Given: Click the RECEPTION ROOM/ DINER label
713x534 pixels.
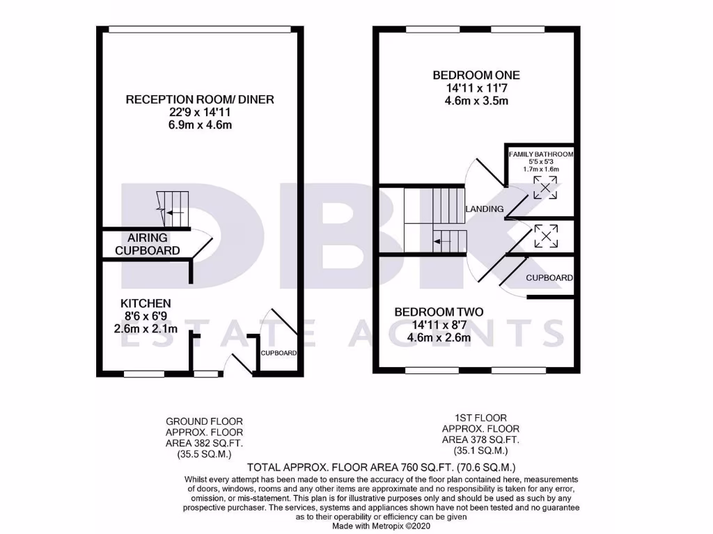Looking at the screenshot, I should (x=200, y=99).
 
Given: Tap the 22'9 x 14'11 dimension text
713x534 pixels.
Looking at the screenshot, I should (x=200, y=112).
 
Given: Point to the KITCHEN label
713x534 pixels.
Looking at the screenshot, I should (x=146, y=303).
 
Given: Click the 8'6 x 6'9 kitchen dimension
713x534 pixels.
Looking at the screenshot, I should (x=146, y=316).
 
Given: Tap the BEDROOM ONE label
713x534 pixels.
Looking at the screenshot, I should (x=476, y=75).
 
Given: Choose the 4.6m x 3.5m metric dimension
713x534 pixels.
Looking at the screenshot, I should (x=476, y=101).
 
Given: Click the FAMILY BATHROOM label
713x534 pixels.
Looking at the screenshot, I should (x=541, y=154).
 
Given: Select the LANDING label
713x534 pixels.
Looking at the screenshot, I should (x=485, y=209).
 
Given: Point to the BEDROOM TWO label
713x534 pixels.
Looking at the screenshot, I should (x=439, y=312).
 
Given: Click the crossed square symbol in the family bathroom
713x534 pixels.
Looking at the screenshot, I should (x=545, y=188).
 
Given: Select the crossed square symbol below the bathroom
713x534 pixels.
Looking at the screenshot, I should (x=545, y=236).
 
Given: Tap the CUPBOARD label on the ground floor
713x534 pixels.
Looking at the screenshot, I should (x=279, y=353).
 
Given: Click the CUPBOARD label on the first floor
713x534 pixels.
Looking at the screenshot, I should (x=549, y=278).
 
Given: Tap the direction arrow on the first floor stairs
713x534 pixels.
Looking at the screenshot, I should (x=441, y=242).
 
